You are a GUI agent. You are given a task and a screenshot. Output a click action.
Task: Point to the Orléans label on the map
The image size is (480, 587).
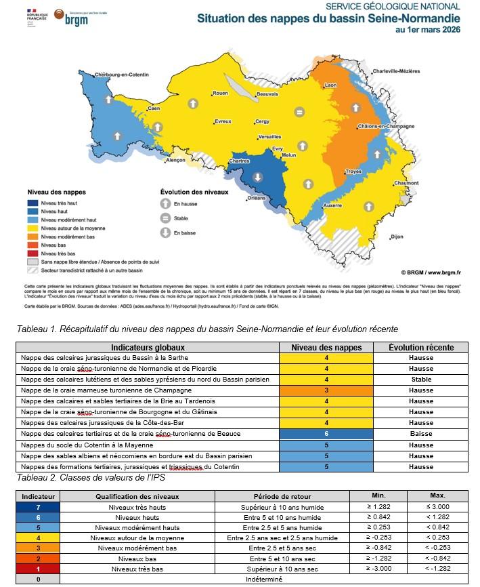pos(257,198)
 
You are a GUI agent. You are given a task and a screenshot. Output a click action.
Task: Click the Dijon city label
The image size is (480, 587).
pos(397,237)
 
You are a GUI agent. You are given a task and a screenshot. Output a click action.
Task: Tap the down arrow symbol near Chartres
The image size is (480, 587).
pos(258,178)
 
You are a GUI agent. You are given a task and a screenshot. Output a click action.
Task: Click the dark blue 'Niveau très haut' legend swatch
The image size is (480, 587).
pos(32,203)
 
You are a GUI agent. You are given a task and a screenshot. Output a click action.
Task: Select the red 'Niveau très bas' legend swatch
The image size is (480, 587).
pos(32,253)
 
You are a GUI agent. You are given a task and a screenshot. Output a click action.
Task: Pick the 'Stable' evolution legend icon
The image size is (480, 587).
pos(165,218)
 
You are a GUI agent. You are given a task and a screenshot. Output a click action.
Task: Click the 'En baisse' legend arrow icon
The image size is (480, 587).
pos(165,232)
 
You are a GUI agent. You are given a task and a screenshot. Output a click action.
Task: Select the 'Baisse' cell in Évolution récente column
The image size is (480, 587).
pos(420,434)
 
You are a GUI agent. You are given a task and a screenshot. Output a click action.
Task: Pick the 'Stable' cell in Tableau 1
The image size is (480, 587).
pos(420,380)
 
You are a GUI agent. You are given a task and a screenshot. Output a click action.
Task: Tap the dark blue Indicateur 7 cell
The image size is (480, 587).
pos(38,507)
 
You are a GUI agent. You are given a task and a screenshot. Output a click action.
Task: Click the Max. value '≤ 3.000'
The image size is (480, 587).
pos(437,507)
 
